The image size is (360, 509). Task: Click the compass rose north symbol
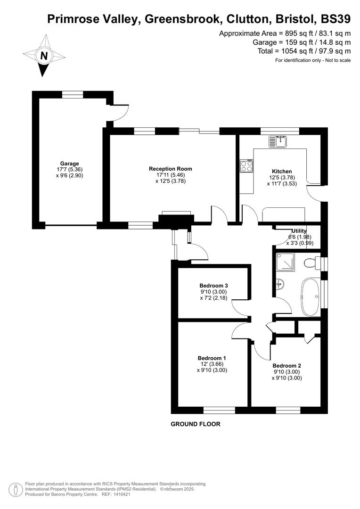[x=44, y=56]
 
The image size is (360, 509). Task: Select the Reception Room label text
[x=170, y=169]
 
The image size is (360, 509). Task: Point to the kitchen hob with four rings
[x=246, y=166]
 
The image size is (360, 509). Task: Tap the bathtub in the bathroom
[x=311, y=297]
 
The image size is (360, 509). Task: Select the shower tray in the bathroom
[x=285, y=262]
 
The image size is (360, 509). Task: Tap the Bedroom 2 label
[x=286, y=366]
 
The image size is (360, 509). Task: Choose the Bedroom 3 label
[x=213, y=286]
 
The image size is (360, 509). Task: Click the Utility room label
[x=299, y=230]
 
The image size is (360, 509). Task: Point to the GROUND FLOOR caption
[x=195, y=424]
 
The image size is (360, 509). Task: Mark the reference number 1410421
[x=124, y=494]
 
